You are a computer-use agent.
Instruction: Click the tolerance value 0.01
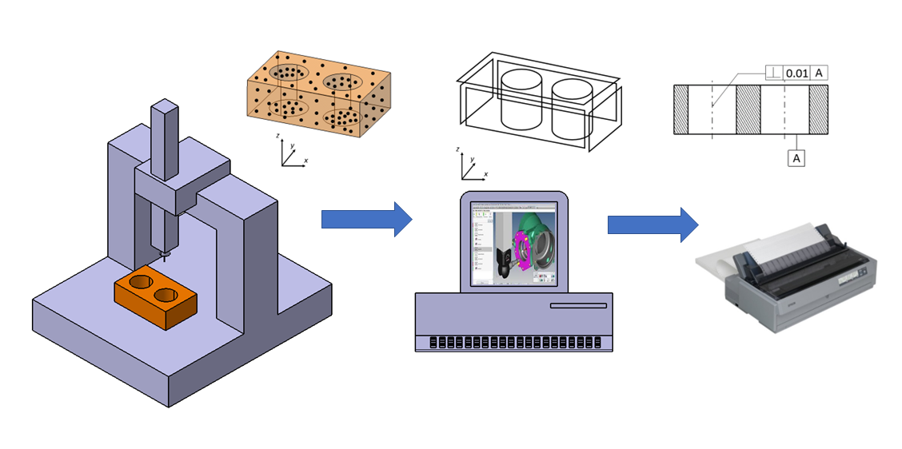tap(796, 73)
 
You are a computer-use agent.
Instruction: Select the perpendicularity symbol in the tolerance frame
tap(773, 73)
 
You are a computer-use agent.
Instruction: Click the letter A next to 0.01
tap(819, 73)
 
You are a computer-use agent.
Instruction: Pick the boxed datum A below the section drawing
tap(796, 158)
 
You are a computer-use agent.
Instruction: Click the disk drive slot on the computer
tap(577, 306)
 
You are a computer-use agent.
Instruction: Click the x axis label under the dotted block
tap(306, 161)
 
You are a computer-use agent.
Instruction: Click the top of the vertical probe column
tap(163, 106)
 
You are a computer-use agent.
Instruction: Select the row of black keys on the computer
tap(514, 342)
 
